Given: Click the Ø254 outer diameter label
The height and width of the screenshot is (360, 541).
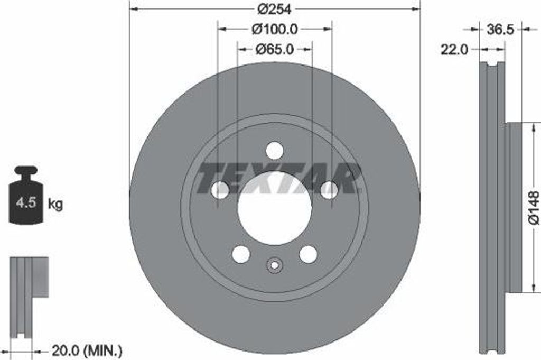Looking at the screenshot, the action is [274, 9].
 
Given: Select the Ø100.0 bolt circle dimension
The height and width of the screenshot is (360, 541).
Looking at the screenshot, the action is [275, 29].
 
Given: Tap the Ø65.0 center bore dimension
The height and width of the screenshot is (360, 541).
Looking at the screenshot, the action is [275, 49].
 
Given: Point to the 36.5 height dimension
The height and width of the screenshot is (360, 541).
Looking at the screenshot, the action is [500, 30].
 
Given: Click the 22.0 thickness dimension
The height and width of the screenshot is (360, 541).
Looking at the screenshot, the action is [454, 50].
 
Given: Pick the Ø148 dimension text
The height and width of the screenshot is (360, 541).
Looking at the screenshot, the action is [534, 208].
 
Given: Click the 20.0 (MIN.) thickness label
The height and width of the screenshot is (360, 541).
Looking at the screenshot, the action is [87, 351].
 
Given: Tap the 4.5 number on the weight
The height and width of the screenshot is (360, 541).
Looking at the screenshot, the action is [26, 202].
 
